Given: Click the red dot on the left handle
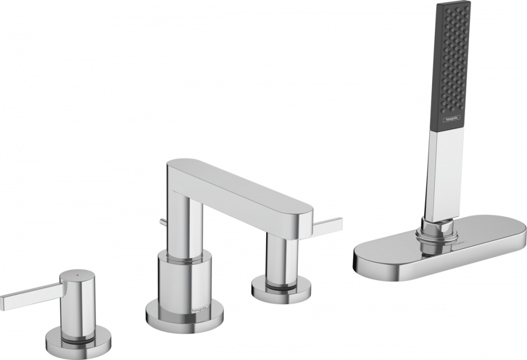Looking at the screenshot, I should [x=78, y=275].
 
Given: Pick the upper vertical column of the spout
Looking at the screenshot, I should [x=184, y=221].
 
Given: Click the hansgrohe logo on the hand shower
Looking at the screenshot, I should [x=451, y=120].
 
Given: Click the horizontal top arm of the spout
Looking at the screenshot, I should [x=242, y=192].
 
